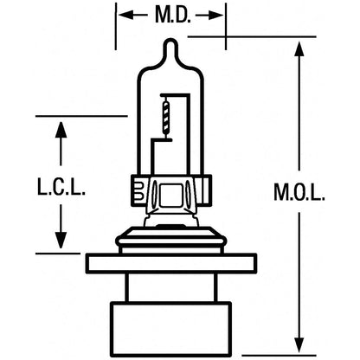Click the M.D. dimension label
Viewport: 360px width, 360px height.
[x=173, y=15]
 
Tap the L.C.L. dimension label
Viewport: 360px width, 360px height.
[x=61, y=187]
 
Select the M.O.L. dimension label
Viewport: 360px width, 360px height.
[x=299, y=192]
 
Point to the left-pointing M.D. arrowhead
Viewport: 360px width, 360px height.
[x=125, y=15]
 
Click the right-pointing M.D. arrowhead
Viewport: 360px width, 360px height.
[x=216, y=16]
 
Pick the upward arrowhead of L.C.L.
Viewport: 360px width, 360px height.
[x=61, y=130]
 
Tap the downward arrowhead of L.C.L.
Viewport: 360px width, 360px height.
[x=61, y=241]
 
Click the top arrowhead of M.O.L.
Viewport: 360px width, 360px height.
[x=299, y=48]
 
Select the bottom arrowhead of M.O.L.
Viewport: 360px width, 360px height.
[x=299, y=344]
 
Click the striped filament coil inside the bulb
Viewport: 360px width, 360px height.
[x=166, y=116]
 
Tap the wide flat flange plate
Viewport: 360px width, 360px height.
[x=171, y=263]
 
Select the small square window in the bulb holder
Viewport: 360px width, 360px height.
[x=171, y=195]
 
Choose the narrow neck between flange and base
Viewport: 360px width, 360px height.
[x=171, y=287]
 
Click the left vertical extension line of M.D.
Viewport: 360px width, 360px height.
[x=116, y=27]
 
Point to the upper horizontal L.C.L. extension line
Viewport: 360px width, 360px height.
[x=81, y=116]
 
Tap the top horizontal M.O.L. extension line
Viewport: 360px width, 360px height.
[x=252, y=36]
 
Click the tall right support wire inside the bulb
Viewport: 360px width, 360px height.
[x=190, y=134]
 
